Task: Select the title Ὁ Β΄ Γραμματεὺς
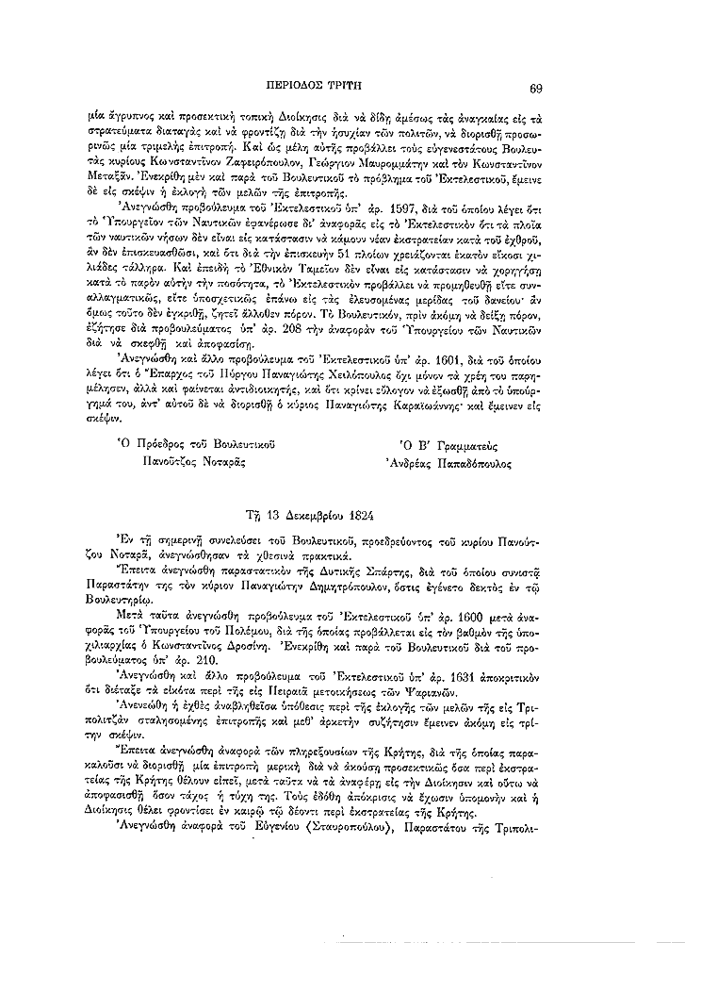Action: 448,442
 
